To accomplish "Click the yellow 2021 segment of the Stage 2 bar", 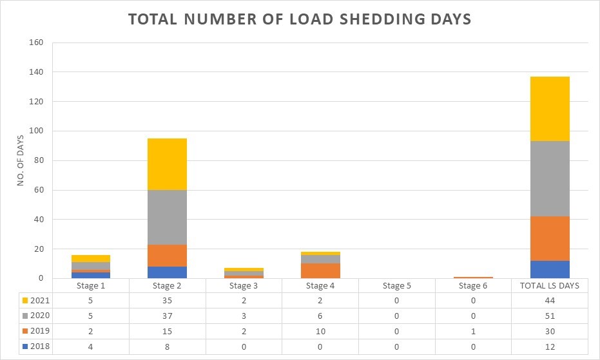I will (168, 164).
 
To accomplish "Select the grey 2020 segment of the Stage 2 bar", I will (168, 217).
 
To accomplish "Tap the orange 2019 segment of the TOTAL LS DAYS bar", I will (550, 238).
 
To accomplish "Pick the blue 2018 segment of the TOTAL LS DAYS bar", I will (550, 269).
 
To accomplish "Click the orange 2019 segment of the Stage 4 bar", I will (321, 270).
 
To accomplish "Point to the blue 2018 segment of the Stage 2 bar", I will (168, 272).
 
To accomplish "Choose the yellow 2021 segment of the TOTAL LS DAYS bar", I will (550, 109).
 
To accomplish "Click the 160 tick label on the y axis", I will (35, 43).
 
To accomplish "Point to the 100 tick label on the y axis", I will (35, 131).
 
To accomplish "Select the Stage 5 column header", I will (397, 286).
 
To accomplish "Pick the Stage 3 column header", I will (244, 286).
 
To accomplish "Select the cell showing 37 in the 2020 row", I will (168, 316).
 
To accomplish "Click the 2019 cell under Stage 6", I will (474, 332).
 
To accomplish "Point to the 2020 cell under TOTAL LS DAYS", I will (550, 316).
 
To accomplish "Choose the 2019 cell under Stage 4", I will (321, 332).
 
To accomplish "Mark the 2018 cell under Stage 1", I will (91, 346).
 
